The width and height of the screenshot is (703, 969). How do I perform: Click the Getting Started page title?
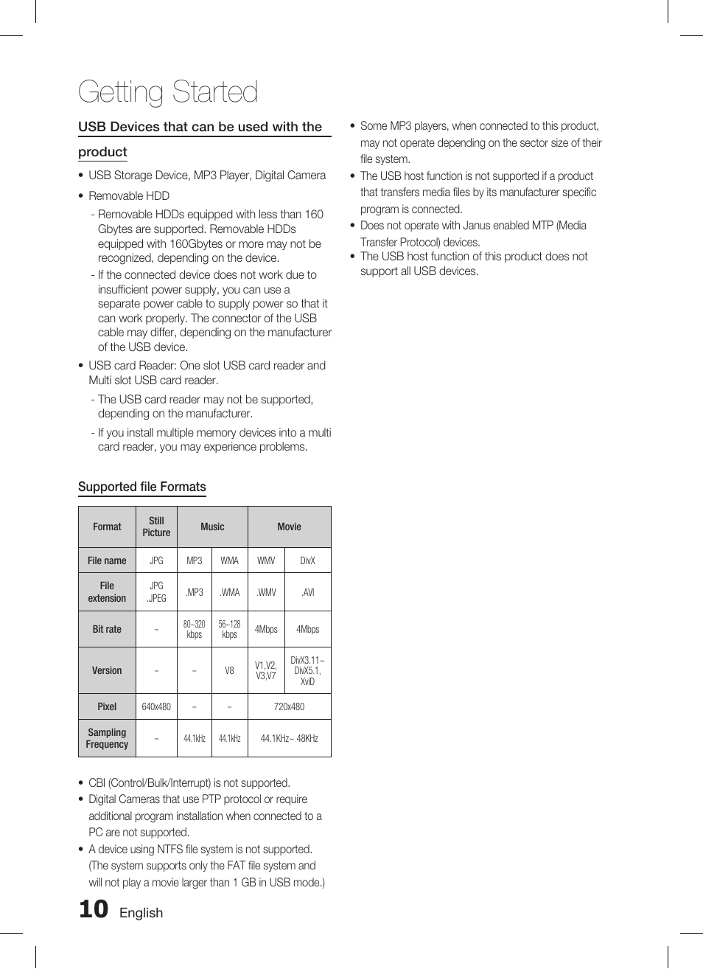click(x=168, y=92)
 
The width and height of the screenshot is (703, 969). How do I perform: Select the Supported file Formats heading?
click(x=142, y=487)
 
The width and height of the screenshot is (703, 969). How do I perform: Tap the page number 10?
click(x=94, y=909)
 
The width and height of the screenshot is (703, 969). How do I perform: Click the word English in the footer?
click(x=141, y=913)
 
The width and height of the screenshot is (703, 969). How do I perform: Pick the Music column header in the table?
click(x=212, y=527)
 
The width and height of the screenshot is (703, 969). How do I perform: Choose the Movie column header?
click(x=289, y=527)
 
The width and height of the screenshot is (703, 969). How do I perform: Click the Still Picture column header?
click(x=156, y=527)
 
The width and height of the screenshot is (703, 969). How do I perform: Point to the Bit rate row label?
click(x=107, y=629)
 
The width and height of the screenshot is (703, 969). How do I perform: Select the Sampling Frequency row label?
click(x=107, y=738)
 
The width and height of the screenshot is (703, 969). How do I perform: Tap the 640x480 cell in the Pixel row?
click(x=156, y=706)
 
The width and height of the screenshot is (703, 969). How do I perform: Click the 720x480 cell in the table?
click(x=289, y=706)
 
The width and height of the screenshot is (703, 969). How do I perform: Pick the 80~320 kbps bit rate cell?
click(x=194, y=629)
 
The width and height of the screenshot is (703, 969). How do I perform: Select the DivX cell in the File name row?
click(x=307, y=560)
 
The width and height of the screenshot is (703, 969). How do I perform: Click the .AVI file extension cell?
click(x=307, y=592)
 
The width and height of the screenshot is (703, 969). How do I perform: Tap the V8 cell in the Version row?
click(x=229, y=670)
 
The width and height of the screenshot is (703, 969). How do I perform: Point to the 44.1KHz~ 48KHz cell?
click(x=289, y=738)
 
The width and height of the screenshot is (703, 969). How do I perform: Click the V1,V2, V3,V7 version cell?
click(x=266, y=670)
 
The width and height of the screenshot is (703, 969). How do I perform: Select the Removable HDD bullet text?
click(x=129, y=195)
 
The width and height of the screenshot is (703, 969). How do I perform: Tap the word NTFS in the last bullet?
click(x=169, y=850)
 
